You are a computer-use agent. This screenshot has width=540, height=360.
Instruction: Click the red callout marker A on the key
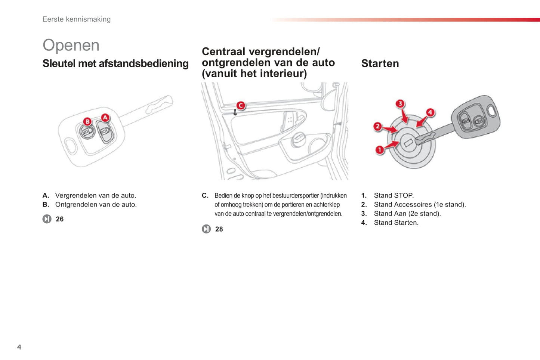[105, 118]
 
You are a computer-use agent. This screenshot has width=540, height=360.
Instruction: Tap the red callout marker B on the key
[87, 121]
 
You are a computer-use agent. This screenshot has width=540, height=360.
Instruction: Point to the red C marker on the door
[241, 106]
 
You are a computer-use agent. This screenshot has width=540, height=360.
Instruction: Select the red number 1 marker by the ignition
[380, 150]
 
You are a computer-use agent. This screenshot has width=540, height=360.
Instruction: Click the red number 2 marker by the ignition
[378, 127]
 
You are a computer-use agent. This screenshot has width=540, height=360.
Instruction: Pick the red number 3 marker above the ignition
[400, 103]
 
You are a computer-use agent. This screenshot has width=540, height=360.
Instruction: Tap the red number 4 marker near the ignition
[430, 112]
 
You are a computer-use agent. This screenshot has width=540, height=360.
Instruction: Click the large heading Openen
[71, 45]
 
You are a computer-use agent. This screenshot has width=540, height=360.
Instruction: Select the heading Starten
[380, 63]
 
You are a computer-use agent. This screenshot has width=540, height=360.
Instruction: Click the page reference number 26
[60, 219]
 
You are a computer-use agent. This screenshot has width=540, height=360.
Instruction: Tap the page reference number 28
[219, 229]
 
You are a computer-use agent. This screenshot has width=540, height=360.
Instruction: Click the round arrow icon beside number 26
[47, 219]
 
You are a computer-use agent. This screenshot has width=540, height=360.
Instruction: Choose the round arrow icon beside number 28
[206, 229]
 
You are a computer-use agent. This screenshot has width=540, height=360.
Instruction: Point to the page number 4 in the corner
[19, 347]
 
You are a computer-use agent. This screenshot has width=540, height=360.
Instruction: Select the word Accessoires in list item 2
[413, 205]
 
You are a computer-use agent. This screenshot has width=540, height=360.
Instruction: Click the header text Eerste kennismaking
[77, 19]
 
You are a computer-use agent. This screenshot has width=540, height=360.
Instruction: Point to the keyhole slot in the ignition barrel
[408, 143]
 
